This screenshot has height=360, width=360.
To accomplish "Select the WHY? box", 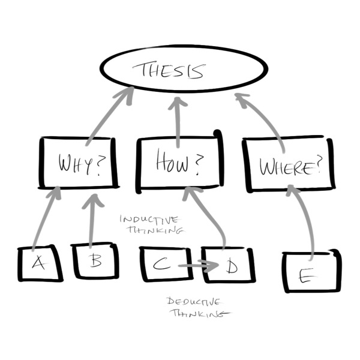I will point(78,163).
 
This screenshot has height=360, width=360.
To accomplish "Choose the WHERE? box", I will point(289,166).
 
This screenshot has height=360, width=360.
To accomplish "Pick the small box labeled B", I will point(95,262).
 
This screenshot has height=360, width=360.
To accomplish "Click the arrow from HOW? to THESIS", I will point(178,120).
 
